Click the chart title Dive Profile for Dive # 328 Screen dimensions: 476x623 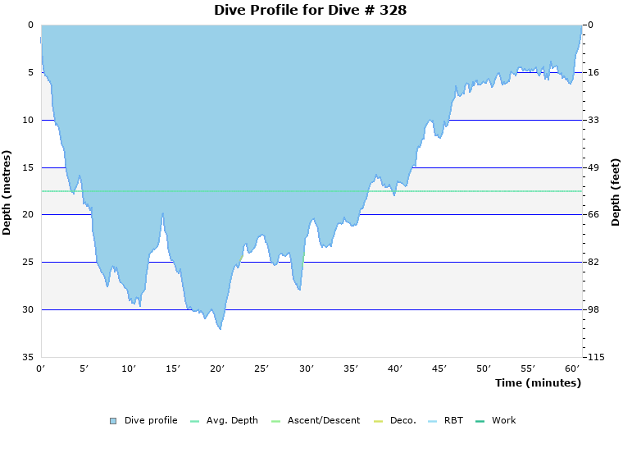click(310, 10)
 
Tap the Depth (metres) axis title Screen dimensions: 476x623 click(7, 192)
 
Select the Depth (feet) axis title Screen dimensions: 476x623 click(616, 192)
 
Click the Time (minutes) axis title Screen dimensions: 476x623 click(538, 383)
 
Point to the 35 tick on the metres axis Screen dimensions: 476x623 click(28, 357)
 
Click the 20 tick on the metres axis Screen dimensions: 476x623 click(28, 215)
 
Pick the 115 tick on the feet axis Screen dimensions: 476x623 click(595, 357)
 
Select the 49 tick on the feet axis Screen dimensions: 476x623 click(593, 167)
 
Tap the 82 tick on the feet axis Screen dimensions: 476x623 click(593, 263)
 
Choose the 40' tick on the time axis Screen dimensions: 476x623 click(395, 369)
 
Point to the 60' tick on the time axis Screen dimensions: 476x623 click(572, 369)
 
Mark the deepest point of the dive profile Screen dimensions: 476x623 click(220, 329)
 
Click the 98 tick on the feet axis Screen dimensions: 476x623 click(593, 309)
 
